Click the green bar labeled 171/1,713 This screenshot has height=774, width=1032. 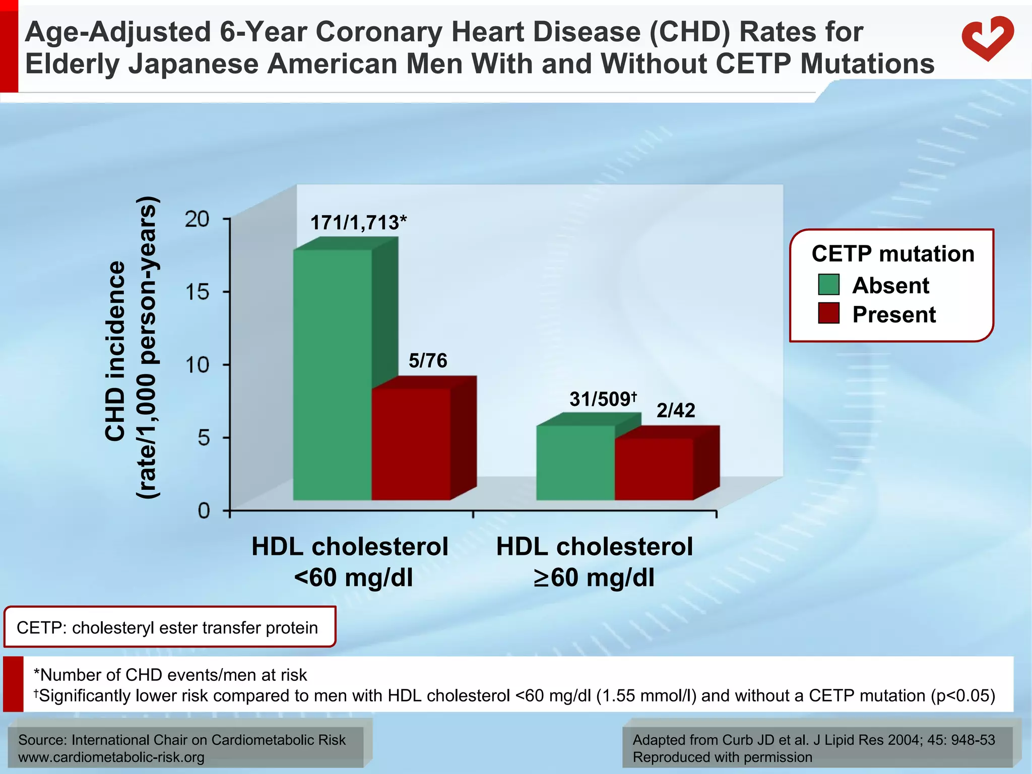(333, 375)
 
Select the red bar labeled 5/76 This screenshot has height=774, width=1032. (411, 443)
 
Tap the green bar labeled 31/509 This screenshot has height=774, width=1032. (575, 463)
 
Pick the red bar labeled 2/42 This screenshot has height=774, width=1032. (654, 469)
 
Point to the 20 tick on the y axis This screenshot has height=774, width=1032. (197, 219)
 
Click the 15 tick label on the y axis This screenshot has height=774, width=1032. (197, 292)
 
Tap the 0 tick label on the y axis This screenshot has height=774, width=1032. (204, 511)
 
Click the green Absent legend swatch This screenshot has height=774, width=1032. (828, 285)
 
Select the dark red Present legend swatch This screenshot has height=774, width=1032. (828, 313)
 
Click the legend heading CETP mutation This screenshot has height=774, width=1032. (893, 253)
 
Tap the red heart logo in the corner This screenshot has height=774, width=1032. (987, 39)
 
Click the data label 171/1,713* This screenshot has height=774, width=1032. (358, 222)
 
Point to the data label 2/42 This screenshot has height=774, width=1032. (676, 410)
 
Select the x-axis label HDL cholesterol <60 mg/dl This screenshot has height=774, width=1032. (350, 562)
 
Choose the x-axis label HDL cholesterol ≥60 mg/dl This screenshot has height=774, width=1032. (595, 562)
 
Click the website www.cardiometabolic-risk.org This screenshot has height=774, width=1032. (111, 757)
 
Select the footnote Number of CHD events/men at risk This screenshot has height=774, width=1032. (170, 675)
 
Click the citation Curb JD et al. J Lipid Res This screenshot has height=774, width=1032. (814, 740)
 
